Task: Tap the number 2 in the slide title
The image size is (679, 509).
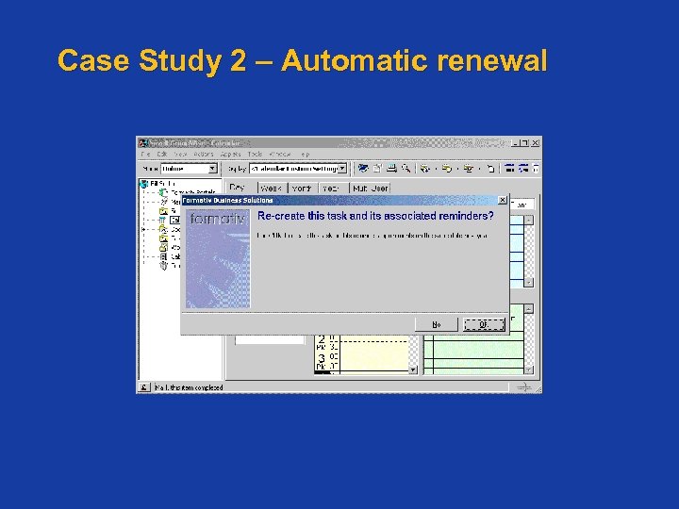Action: point(238,61)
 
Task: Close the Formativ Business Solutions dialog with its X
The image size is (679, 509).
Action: point(502,200)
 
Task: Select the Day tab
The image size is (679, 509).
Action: point(238,188)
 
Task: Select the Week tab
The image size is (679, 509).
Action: point(271,189)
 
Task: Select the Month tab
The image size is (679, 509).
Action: point(302,189)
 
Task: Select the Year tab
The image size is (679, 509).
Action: point(330,189)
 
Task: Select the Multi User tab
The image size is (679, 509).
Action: point(370,189)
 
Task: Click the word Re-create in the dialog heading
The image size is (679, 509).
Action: point(283,216)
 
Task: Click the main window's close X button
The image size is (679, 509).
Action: point(536,142)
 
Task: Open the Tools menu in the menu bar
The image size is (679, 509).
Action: point(255,154)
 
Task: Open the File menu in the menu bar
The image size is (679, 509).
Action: point(145,154)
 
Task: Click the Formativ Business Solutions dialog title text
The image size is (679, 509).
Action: point(227,200)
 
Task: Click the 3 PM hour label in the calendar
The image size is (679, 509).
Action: point(322,359)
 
